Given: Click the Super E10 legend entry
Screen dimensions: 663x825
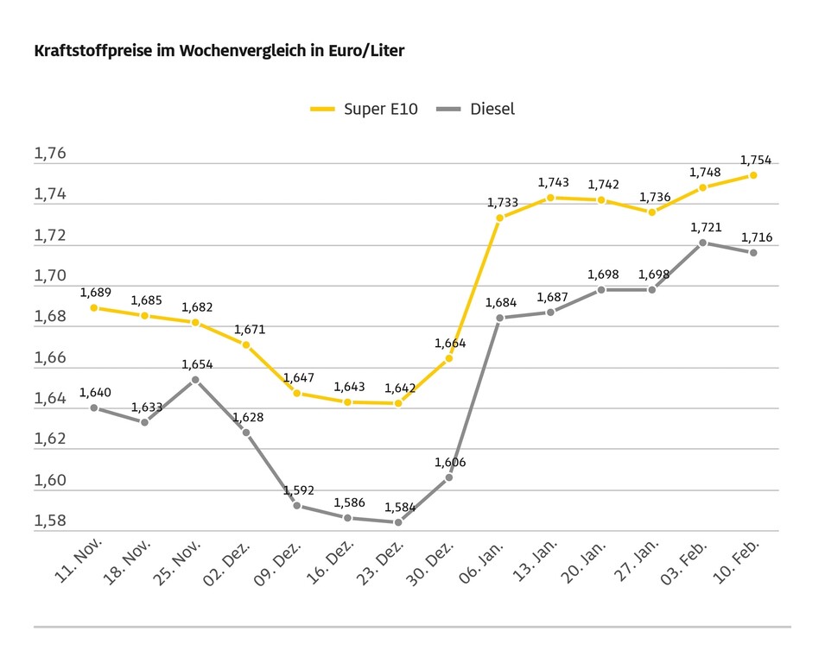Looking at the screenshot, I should (x=365, y=110).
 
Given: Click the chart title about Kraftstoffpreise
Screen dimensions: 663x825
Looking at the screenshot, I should (x=219, y=51).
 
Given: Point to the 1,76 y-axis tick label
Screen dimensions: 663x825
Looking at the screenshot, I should (x=50, y=154).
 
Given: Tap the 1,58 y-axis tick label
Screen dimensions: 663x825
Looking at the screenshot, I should (x=50, y=521).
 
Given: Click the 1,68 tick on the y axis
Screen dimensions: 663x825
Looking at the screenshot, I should (x=50, y=317).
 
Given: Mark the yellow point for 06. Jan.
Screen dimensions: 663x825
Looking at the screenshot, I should (x=499, y=218).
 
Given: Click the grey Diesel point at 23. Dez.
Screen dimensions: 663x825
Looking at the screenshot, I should (x=398, y=522).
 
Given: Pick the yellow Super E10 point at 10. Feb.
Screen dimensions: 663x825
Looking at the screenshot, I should (x=753, y=175).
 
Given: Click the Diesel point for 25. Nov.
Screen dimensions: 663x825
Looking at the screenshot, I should (x=195, y=380).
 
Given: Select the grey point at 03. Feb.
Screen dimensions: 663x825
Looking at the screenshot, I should (x=702, y=243).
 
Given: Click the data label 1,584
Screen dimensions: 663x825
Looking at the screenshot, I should (x=399, y=507).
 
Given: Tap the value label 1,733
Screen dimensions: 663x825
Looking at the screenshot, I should (x=502, y=203).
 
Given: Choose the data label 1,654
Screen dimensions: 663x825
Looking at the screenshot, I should (x=197, y=364).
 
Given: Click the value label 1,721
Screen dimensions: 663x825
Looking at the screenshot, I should (x=705, y=227).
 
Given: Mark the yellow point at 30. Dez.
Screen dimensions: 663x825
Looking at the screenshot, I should (x=449, y=358).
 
